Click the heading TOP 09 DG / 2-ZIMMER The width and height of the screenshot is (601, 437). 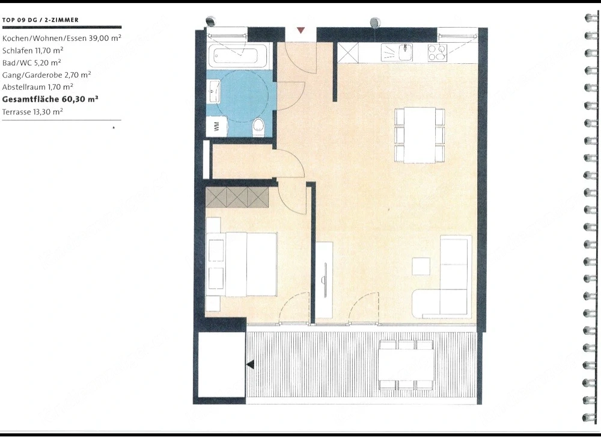click(x=40, y=20)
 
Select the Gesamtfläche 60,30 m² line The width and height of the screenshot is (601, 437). click(x=50, y=99)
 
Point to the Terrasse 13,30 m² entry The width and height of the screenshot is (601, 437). click(x=32, y=112)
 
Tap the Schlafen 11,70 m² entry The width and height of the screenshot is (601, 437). click(x=32, y=51)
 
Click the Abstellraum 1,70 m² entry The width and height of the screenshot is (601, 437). click(x=37, y=87)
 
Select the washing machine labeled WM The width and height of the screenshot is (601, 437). click(x=216, y=126)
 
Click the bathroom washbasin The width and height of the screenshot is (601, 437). click(x=213, y=91)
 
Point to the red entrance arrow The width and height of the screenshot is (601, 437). click(x=301, y=30)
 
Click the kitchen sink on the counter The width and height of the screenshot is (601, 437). click(x=404, y=52)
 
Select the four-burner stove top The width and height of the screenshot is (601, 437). click(x=438, y=53)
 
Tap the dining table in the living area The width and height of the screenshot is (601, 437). click(x=419, y=135)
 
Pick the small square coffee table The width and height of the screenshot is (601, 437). click(x=421, y=266)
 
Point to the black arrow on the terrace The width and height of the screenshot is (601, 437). click(x=250, y=364)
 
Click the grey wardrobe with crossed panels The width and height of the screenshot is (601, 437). click(x=237, y=197)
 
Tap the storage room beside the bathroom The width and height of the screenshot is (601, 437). click(x=242, y=161)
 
